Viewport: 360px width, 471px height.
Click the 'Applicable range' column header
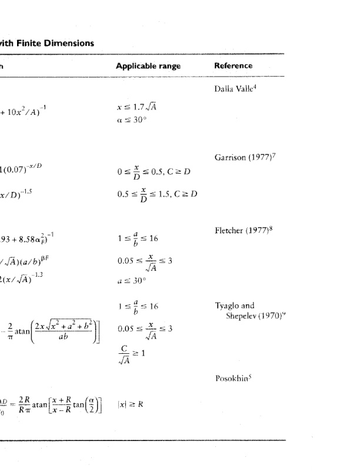(148, 66)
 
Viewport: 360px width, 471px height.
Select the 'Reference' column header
(234, 66)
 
